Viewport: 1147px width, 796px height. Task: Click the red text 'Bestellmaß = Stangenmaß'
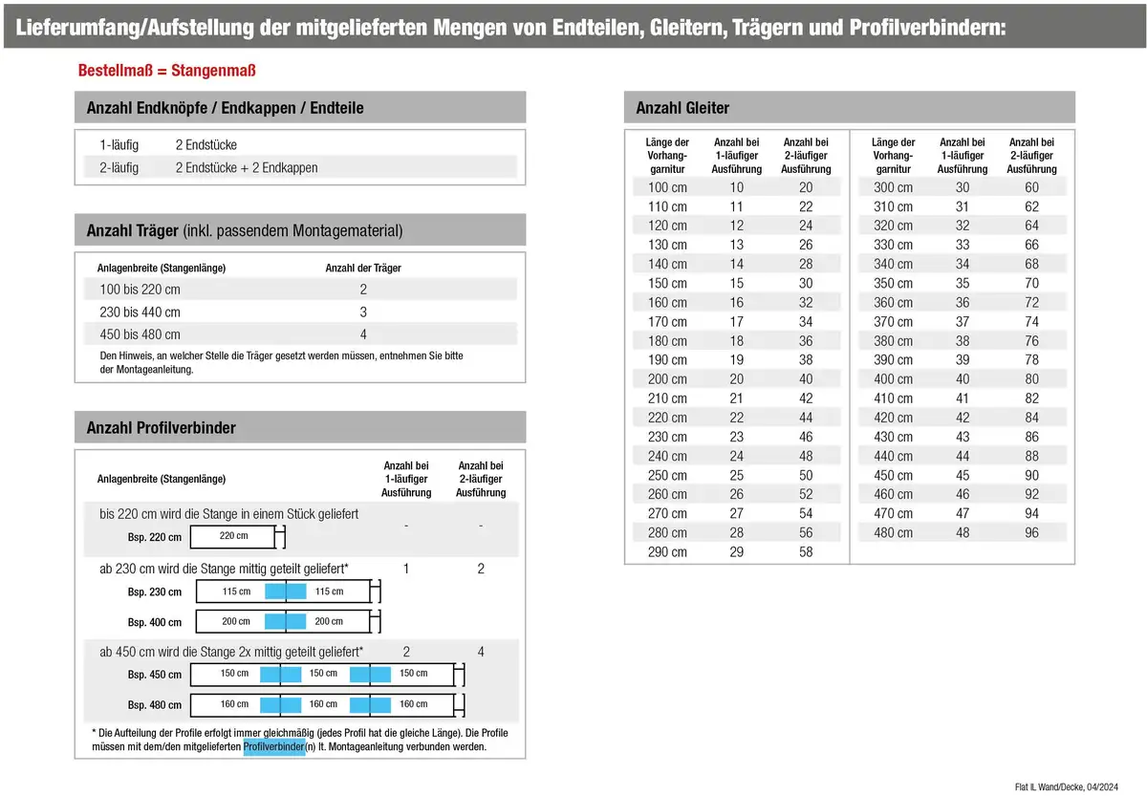(166, 71)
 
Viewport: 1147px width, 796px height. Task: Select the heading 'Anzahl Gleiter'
(676, 108)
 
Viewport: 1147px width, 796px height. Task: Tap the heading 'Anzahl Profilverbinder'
(161, 427)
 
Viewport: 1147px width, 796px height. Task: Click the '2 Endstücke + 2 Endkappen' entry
(247, 167)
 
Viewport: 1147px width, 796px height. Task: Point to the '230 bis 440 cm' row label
(140, 312)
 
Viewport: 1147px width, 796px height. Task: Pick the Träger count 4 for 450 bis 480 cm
(363, 334)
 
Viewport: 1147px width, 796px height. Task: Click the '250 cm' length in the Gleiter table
(667, 475)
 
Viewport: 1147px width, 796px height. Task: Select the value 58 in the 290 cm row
(806, 551)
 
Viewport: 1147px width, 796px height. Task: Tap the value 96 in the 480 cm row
(1031, 532)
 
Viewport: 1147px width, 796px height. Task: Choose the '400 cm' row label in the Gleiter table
(893, 378)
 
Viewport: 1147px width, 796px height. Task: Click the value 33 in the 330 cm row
(962, 245)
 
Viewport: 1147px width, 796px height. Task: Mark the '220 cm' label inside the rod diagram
(233, 536)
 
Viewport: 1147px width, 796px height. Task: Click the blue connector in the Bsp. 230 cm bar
(285, 592)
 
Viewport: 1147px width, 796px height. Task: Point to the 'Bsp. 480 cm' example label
(154, 705)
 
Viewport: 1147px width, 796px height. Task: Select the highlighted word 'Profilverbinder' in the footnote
(273, 746)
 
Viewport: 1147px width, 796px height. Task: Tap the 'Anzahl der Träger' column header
(363, 269)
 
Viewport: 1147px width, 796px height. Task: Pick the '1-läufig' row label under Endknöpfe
(119, 144)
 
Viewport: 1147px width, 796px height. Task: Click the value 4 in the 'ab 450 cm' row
(481, 652)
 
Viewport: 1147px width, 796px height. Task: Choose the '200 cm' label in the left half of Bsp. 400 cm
(236, 621)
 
